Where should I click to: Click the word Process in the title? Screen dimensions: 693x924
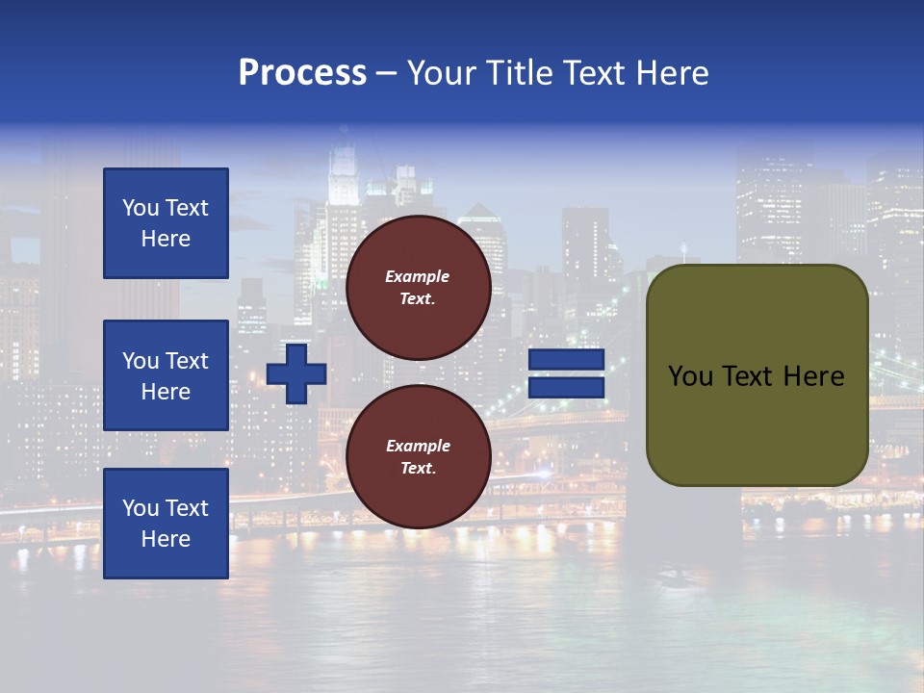(302, 73)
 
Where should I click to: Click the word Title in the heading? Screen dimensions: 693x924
(516, 73)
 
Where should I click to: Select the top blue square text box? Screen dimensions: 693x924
(166, 223)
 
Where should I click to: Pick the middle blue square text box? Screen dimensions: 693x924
(166, 375)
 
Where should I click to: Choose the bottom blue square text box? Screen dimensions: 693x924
(166, 523)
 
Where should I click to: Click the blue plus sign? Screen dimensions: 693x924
(296, 373)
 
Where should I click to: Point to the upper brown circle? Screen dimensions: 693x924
(418, 288)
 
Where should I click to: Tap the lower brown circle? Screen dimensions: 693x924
(418, 457)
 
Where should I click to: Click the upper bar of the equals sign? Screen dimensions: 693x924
(566, 359)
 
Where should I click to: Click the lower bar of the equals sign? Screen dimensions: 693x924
(566, 388)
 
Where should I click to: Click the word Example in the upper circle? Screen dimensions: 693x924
(417, 276)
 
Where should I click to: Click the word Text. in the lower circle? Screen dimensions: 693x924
(418, 469)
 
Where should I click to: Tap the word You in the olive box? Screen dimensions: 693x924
(689, 376)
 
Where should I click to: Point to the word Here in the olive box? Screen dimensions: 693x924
(813, 376)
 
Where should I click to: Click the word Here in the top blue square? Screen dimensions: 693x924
(166, 239)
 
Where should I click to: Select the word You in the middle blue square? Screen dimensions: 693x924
(141, 361)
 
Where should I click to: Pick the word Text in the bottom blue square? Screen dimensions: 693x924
(187, 508)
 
